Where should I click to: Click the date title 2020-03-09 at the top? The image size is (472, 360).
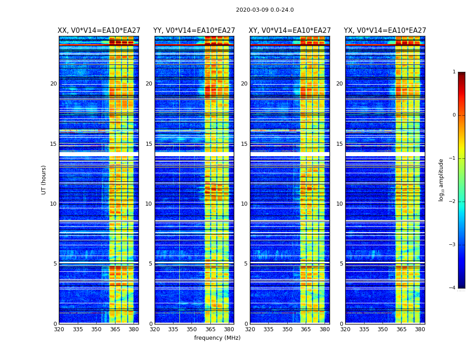tap(265, 10)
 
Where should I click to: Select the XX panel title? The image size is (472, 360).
tap(99, 31)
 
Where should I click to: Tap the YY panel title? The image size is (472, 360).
tap(194, 31)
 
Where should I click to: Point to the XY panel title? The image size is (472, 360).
tap(290, 31)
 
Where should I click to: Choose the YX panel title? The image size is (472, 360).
tap(385, 31)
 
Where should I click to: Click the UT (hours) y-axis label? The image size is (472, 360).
tap(44, 180)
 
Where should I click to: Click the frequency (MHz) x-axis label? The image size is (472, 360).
tap(217, 338)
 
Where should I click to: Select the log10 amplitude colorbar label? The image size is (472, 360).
tap(441, 180)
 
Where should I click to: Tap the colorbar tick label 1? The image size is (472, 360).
tap(454, 72)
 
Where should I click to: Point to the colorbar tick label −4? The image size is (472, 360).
tap(453, 288)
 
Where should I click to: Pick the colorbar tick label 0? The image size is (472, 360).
tap(454, 115)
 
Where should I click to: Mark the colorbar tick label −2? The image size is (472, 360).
tap(453, 202)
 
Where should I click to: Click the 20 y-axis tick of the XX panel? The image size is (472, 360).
tap(53, 84)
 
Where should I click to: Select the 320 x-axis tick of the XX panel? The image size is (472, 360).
tap(59, 329)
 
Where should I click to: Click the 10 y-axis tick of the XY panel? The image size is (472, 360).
tap(244, 204)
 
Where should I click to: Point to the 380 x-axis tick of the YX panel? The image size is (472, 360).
tap(420, 329)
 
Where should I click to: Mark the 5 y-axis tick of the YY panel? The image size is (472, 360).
tap(151, 264)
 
